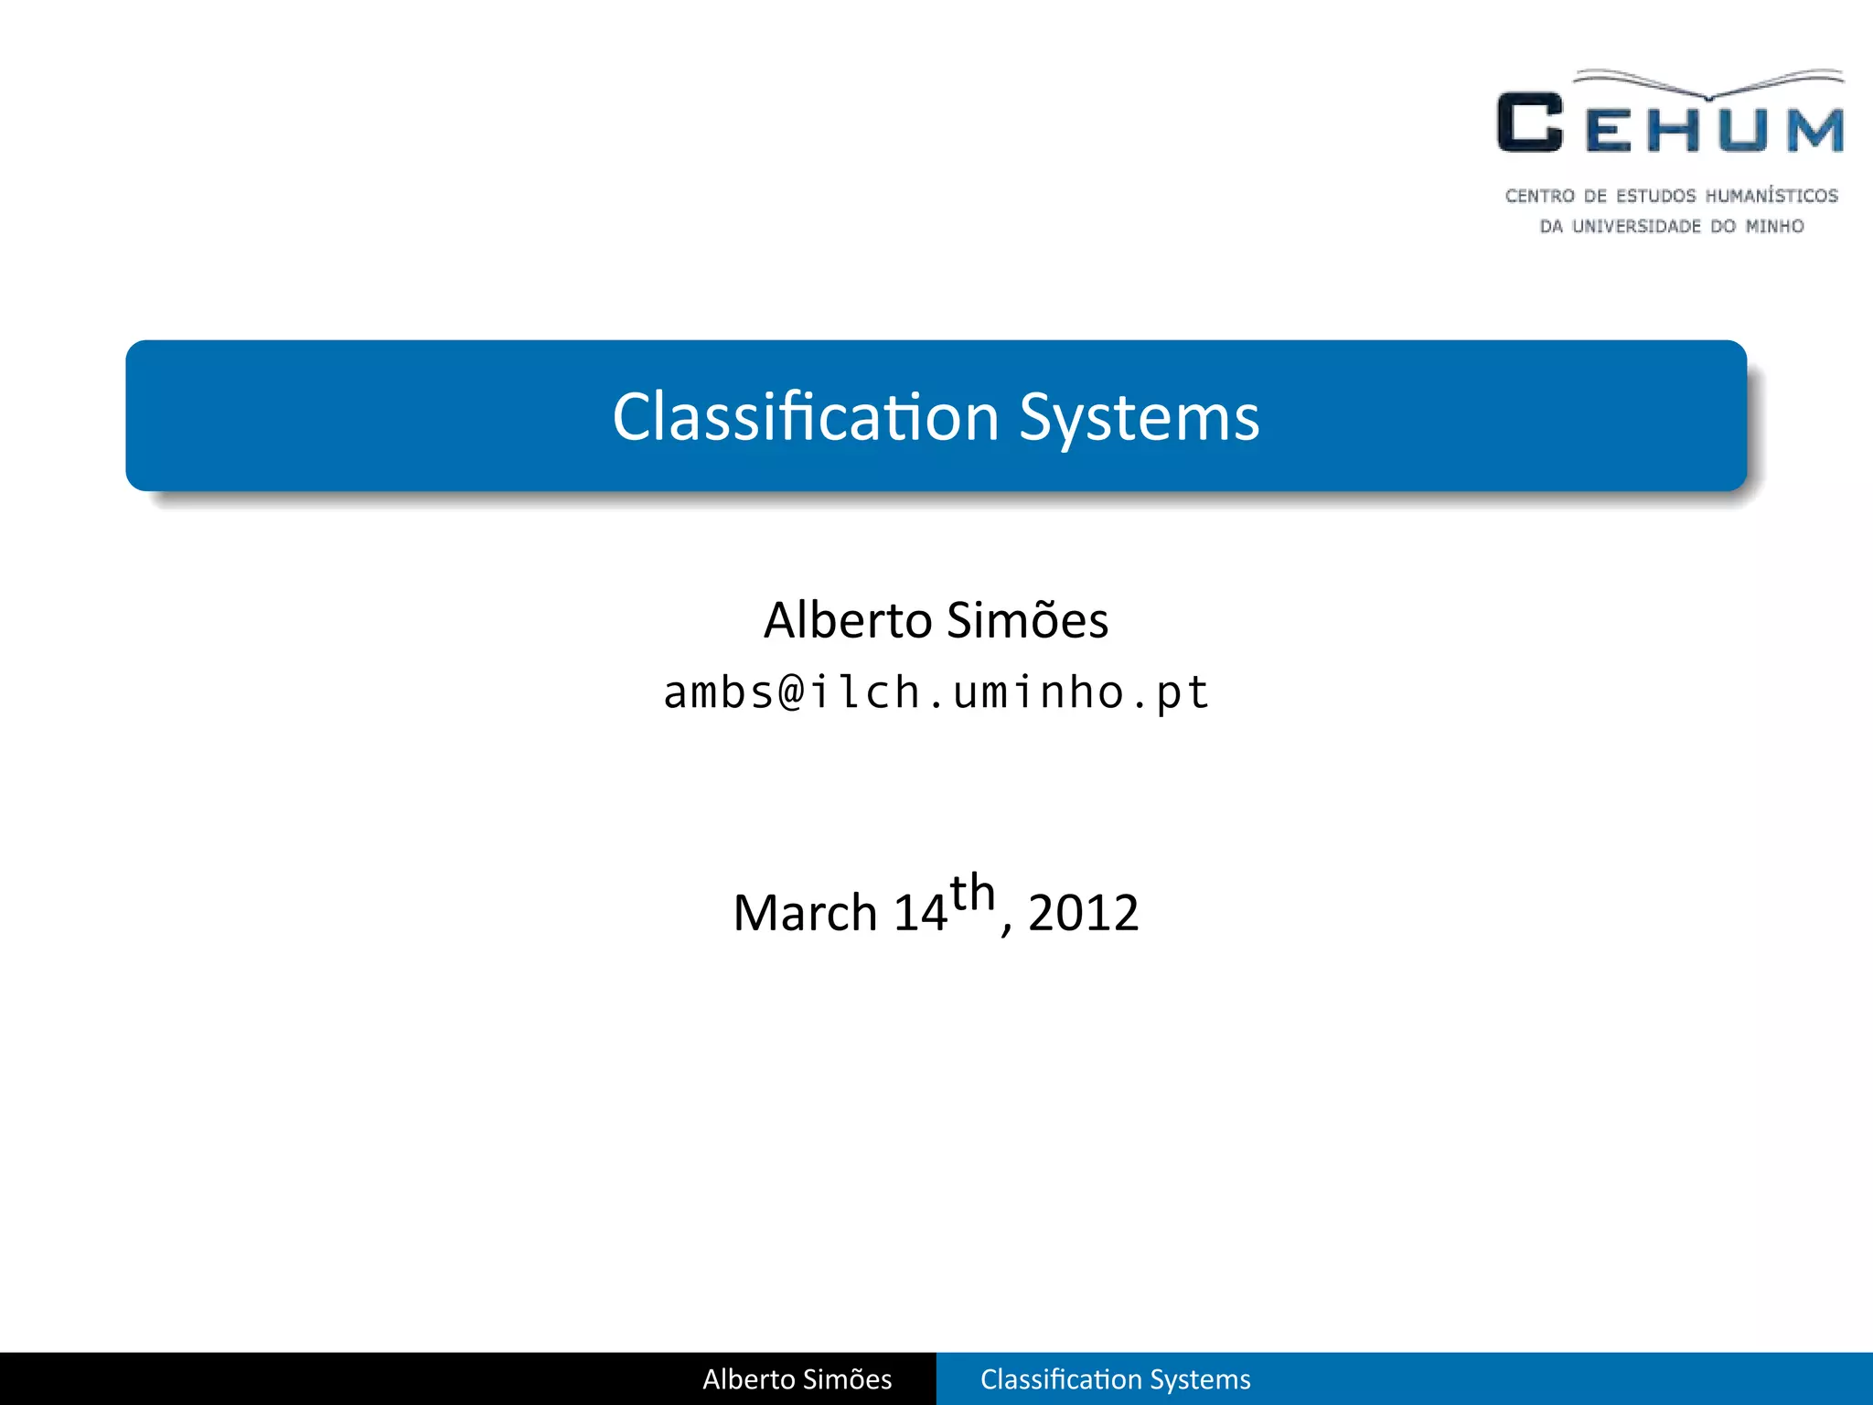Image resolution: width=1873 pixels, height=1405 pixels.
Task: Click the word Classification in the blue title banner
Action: tap(805, 417)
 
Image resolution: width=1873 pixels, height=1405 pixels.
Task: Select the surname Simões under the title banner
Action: tap(1027, 620)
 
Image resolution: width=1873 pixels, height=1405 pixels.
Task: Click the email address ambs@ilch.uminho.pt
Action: tap(936, 692)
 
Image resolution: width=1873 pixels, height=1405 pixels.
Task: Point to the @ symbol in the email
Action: tap(792, 692)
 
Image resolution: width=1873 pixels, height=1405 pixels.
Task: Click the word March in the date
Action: tap(805, 913)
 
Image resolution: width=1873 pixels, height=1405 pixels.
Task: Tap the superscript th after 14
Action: tap(972, 893)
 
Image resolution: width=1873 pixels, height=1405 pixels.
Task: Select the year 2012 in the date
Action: tap(1083, 913)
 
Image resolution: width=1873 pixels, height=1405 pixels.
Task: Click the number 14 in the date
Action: tap(919, 913)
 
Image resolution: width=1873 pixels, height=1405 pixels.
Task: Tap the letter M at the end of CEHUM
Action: tap(1815, 130)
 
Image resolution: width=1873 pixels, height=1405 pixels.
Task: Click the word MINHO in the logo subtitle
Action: tap(1774, 226)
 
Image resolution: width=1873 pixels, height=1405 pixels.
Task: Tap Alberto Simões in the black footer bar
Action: tap(797, 1378)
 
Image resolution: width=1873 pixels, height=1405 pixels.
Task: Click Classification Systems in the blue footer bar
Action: tap(1115, 1378)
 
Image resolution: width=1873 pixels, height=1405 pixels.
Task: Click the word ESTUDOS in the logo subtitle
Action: tap(1655, 196)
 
